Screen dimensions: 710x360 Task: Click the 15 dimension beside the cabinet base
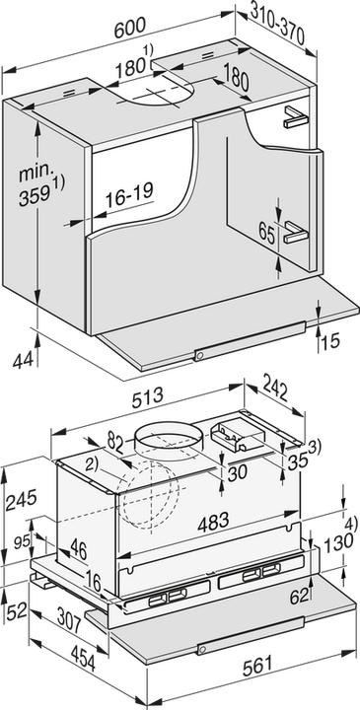click(332, 341)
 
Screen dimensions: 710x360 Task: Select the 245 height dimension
click(20, 502)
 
